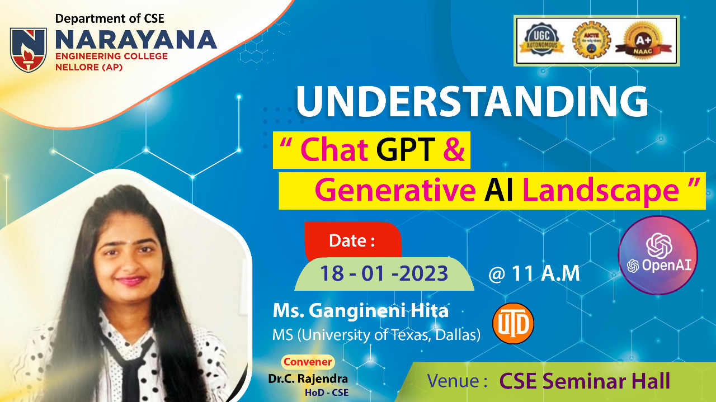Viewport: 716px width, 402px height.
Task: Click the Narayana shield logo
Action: [29, 49]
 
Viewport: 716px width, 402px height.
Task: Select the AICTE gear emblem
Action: [591, 40]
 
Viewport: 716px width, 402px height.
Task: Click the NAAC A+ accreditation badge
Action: [643, 40]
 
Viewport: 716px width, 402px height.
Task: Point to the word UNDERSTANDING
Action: [472, 102]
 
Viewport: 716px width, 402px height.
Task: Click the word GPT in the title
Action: [406, 149]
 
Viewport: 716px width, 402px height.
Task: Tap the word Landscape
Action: [601, 191]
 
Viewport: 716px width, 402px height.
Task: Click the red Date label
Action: [353, 240]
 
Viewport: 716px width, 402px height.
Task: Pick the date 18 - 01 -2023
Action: [384, 273]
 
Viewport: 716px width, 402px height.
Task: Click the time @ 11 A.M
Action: [534, 273]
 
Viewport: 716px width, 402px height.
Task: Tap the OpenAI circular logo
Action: [658, 255]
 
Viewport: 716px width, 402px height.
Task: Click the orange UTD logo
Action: [513, 323]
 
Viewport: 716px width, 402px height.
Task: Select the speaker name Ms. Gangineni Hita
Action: [361, 311]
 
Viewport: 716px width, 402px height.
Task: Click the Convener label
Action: [308, 362]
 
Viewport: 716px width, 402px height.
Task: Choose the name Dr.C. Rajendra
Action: [308, 379]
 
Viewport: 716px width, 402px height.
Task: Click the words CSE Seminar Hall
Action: [585, 381]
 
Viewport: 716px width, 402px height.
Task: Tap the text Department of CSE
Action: [110, 18]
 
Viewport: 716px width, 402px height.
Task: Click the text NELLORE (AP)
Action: [89, 67]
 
